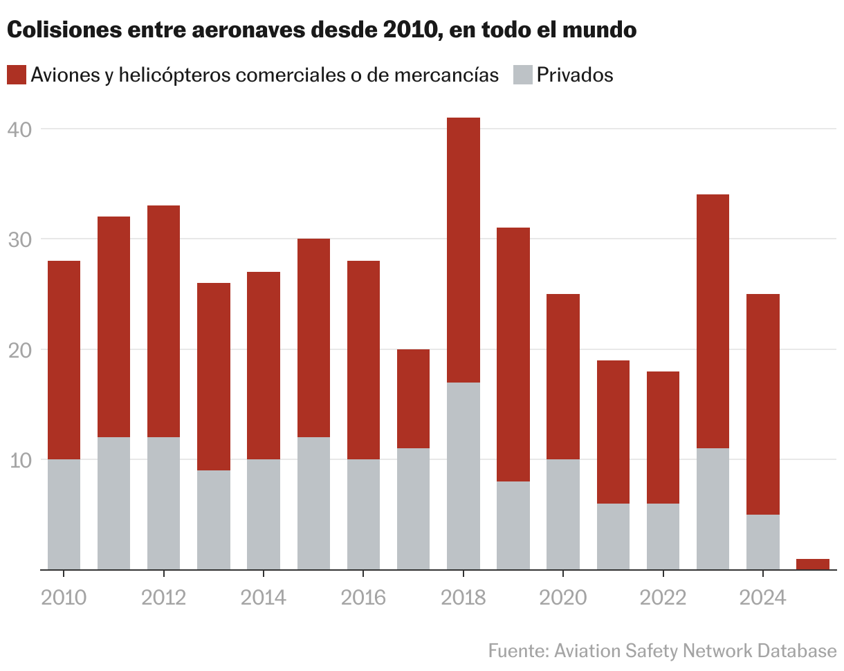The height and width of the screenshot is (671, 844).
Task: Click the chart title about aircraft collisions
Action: pos(322,30)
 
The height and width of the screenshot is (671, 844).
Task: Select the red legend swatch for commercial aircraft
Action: pos(17,75)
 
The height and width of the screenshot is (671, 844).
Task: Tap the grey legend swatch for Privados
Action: pos(523,75)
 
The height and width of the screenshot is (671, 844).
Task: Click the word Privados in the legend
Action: pos(575,75)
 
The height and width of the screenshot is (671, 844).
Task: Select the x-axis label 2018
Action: pos(463,597)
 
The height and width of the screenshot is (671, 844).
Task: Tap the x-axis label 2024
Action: pos(762,597)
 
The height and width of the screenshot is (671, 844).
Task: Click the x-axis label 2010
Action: pos(64,597)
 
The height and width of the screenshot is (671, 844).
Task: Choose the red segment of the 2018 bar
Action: pos(463,250)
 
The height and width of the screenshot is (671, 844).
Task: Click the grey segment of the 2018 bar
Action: pos(463,476)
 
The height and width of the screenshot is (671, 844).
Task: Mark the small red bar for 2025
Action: pos(812,564)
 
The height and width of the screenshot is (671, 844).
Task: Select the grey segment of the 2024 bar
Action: pos(762,542)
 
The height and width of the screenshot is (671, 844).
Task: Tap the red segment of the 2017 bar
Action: pos(413,398)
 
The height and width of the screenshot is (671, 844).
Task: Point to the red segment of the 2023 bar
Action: pos(713,321)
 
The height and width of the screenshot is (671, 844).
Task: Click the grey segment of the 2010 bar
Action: pos(64,514)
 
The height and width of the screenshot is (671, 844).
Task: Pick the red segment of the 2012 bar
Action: pos(163,321)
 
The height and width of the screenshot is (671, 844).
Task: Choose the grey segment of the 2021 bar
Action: pos(613,536)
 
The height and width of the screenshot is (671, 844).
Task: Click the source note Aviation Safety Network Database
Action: pos(662,651)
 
